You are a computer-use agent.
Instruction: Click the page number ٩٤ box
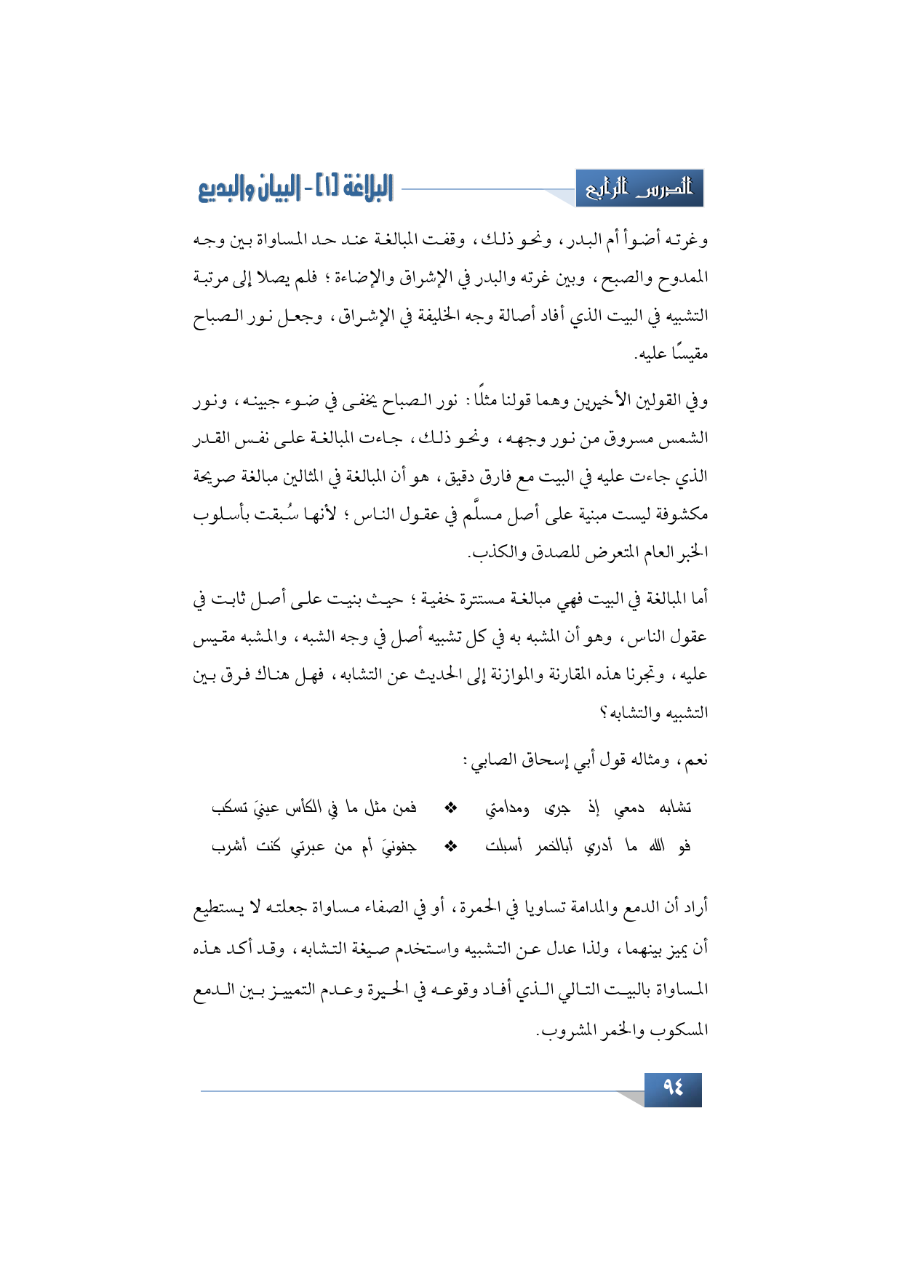pos(673,1088)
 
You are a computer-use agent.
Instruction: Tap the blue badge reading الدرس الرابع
pos(639,188)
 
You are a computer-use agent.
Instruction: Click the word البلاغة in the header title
pos(356,188)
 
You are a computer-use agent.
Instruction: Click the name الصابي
pos(495,760)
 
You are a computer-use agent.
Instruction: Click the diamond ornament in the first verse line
pos(451,808)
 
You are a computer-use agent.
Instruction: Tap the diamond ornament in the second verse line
pos(451,846)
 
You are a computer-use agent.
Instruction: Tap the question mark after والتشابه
pos(603,713)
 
